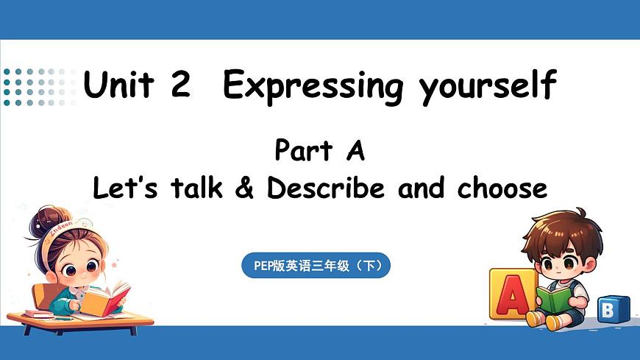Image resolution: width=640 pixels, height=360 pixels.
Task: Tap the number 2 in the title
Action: [179, 85]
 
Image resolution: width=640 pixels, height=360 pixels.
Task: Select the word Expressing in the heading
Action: [313, 87]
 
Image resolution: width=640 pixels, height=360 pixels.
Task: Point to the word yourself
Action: [487, 87]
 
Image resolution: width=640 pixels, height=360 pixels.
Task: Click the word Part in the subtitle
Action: [302, 151]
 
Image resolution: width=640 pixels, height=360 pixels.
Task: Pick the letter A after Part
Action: [355, 151]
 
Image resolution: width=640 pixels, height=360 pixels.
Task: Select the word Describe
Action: [326, 189]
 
